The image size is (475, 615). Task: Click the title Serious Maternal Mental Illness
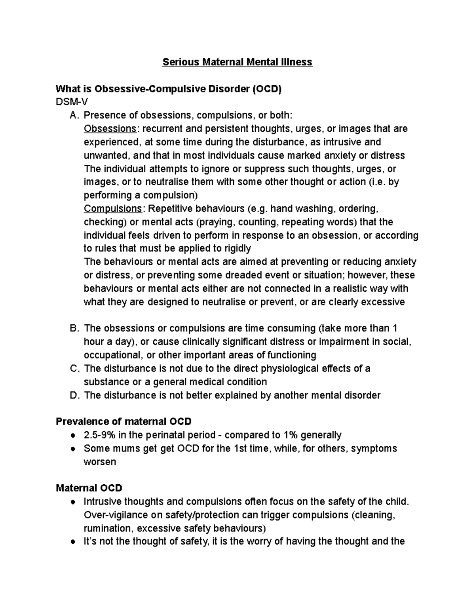point(237,62)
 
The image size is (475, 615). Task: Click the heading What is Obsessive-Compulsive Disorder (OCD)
point(169,89)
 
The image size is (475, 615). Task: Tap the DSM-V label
point(72,102)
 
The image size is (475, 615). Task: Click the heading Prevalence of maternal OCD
point(123,421)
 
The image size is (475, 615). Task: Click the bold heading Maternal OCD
point(89,488)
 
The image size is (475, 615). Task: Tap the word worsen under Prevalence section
point(100,462)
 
